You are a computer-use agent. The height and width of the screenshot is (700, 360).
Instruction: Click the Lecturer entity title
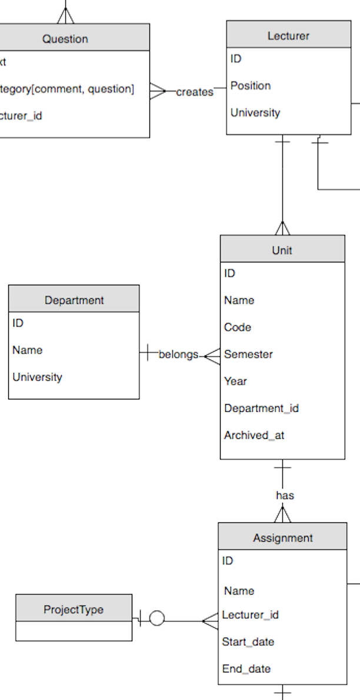[x=288, y=36]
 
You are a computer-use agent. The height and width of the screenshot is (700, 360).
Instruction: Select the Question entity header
[x=65, y=39]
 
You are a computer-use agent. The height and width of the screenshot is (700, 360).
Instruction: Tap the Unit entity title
[x=282, y=250]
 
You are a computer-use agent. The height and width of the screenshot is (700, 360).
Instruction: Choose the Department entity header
[x=74, y=300]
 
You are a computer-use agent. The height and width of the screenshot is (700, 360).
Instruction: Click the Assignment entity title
[x=283, y=538]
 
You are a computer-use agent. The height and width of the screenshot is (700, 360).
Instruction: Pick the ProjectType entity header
[x=74, y=609]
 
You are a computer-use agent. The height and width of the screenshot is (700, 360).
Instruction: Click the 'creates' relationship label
[x=195, y=92]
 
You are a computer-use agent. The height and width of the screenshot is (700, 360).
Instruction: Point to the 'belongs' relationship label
[x=178, y=355]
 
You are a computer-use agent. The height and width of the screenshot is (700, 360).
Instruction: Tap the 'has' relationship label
[x=285, y=495]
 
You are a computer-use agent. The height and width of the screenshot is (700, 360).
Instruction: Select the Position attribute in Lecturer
[x=251, y=86]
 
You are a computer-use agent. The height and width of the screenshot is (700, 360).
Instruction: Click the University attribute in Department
[x=37, y=377]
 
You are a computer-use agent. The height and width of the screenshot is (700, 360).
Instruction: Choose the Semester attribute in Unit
[x=248, y=354]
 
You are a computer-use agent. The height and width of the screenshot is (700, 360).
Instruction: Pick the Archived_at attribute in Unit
[x=254, y=435]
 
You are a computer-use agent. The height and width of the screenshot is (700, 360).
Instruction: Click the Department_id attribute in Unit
[x=261, y=408]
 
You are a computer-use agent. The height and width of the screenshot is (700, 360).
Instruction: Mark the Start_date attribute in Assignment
[x=248, y=642]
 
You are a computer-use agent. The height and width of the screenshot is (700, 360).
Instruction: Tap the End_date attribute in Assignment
[x=246, y=669]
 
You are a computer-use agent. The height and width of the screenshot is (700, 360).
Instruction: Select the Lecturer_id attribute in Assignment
[x=250, y=615]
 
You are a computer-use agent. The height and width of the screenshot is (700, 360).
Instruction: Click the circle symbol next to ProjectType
[x=156, y=619]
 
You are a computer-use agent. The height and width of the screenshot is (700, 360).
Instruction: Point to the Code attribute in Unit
[x=238, y=327]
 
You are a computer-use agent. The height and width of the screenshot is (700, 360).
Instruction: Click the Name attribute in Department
[x=27, y=350]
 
